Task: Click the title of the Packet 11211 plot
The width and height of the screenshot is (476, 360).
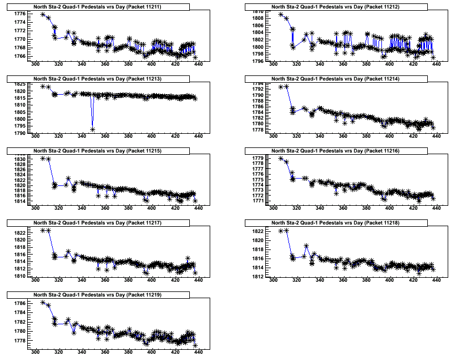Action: click(97, 7)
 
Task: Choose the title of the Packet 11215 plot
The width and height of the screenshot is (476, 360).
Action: click(97, 150)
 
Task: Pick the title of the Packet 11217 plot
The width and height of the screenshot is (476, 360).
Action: click(97, 223)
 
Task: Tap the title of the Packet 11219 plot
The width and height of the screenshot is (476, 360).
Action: click(97, 295)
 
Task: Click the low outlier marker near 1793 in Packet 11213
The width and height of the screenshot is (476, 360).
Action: click(92, 129)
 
